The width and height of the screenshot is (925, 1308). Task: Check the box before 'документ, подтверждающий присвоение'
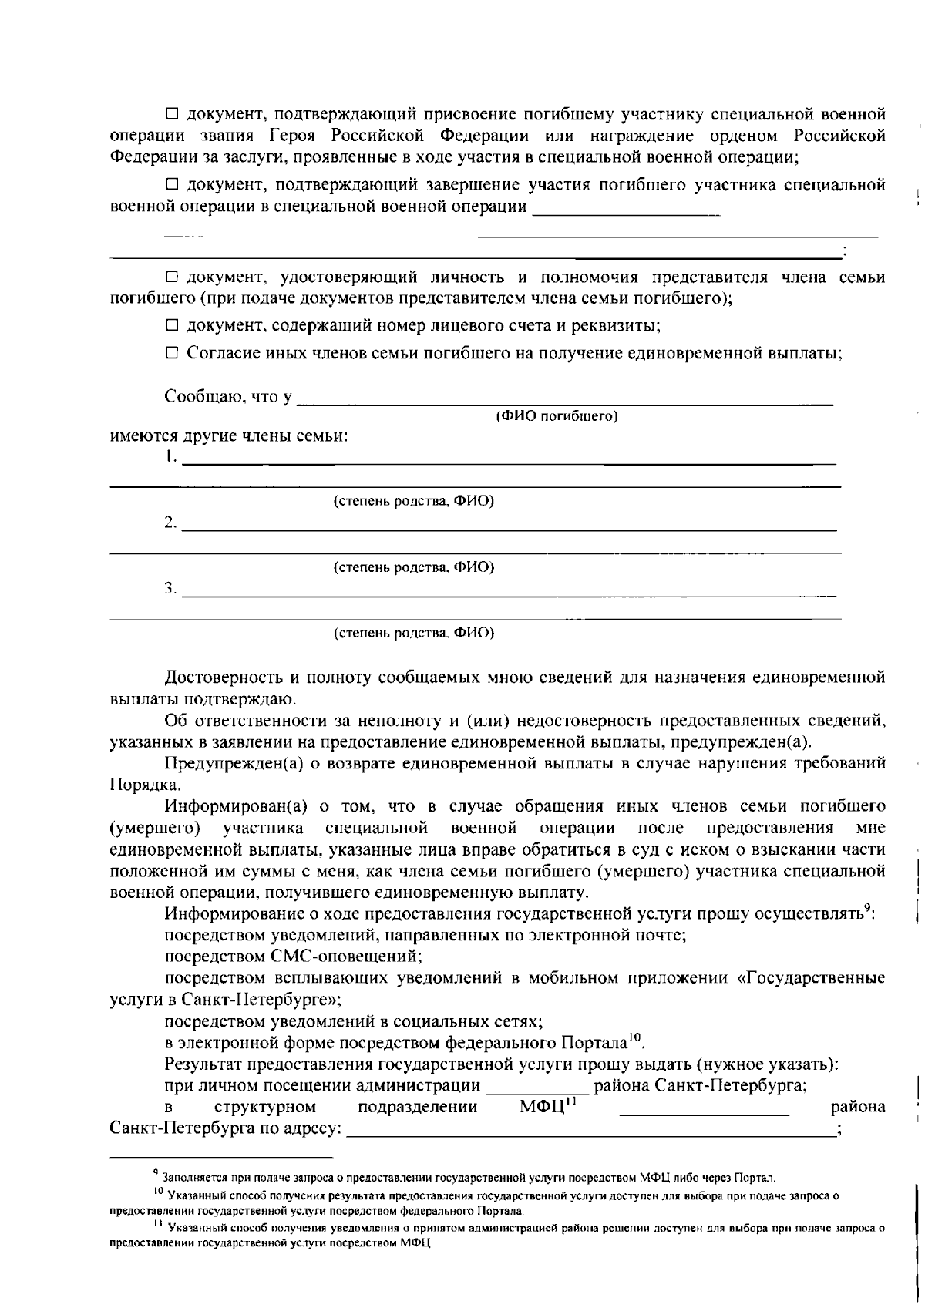point(173,115)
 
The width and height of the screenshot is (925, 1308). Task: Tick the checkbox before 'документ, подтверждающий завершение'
point(173,185)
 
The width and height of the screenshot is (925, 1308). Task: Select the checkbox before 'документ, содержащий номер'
point(173,325)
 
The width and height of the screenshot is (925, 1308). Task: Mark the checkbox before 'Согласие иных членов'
point(173,354)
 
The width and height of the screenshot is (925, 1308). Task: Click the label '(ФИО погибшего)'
point(557,417)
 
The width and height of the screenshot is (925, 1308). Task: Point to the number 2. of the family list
point(170,523)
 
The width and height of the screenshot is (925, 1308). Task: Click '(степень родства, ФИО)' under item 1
point(413,502)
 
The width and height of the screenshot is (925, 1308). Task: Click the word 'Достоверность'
point(221,678)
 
